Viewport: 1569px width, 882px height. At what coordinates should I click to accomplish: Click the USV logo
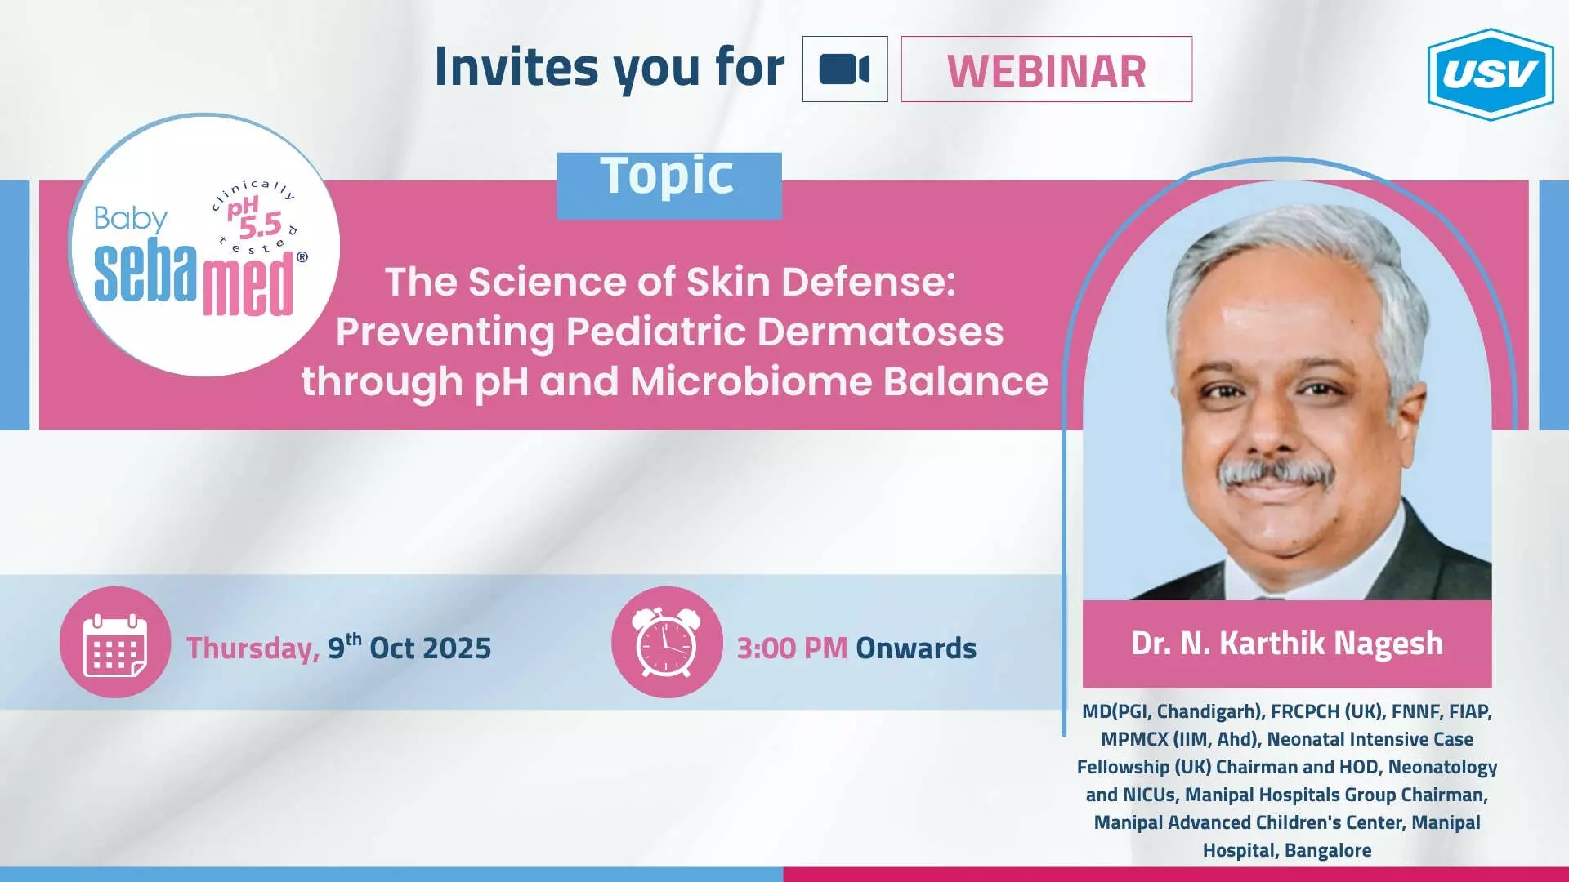click(1491, 74)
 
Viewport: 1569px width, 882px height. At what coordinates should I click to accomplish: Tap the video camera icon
click(844, 69)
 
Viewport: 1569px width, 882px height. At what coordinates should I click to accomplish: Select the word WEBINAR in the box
click(1047, 71)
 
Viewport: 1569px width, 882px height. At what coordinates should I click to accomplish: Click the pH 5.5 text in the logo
click(254, 218)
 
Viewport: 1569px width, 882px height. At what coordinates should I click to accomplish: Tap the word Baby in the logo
click(130, 219)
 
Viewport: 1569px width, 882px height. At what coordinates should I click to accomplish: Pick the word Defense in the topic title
click(869, 282)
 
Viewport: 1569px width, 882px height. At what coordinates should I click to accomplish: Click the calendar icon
click(115, 644)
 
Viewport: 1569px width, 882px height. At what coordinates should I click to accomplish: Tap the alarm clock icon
click(667, 642)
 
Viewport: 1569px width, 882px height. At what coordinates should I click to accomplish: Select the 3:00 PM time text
click(792, 648)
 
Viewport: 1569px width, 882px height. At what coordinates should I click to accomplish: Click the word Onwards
click(916, 648)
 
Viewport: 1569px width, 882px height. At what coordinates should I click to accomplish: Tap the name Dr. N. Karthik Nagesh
click(1287, 644)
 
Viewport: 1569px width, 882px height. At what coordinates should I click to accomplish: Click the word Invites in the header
click(516, 66)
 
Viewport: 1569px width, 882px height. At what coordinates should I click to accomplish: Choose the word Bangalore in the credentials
click(1328, 850)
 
